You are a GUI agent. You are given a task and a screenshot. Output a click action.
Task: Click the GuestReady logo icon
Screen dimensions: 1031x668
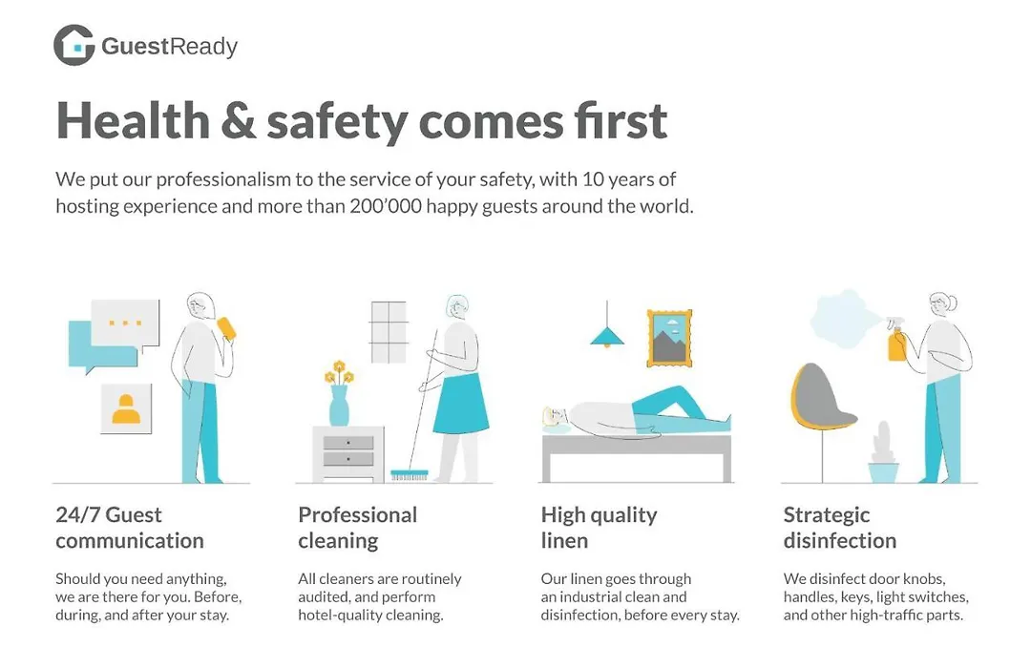[74, 46]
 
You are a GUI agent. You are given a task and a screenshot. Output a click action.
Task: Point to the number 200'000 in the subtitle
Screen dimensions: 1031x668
[386, 206]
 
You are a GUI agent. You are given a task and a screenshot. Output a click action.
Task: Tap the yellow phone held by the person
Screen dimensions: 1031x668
[226, 328]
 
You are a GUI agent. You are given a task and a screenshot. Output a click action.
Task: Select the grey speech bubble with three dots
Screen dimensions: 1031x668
[125, 324]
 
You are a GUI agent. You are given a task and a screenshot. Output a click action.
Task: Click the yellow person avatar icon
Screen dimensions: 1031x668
[126, 408]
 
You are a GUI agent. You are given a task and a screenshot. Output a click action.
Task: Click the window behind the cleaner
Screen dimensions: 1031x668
[389, 332]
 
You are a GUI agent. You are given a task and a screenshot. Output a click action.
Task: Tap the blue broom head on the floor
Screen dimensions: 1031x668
[409, 474]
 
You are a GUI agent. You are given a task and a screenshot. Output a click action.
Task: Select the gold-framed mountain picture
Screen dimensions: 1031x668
[669, 338]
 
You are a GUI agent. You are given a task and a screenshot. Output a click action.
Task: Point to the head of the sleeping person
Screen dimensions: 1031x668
[556, 416]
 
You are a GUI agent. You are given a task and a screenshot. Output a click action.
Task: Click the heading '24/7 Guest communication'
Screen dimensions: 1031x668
[130, 528]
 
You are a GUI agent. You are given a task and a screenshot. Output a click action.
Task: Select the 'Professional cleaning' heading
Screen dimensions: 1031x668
[358, 528]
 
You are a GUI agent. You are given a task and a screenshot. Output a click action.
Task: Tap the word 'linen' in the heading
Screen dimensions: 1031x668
[564, 540]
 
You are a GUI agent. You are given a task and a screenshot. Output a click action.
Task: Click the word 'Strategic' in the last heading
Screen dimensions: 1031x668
[827, 515]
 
